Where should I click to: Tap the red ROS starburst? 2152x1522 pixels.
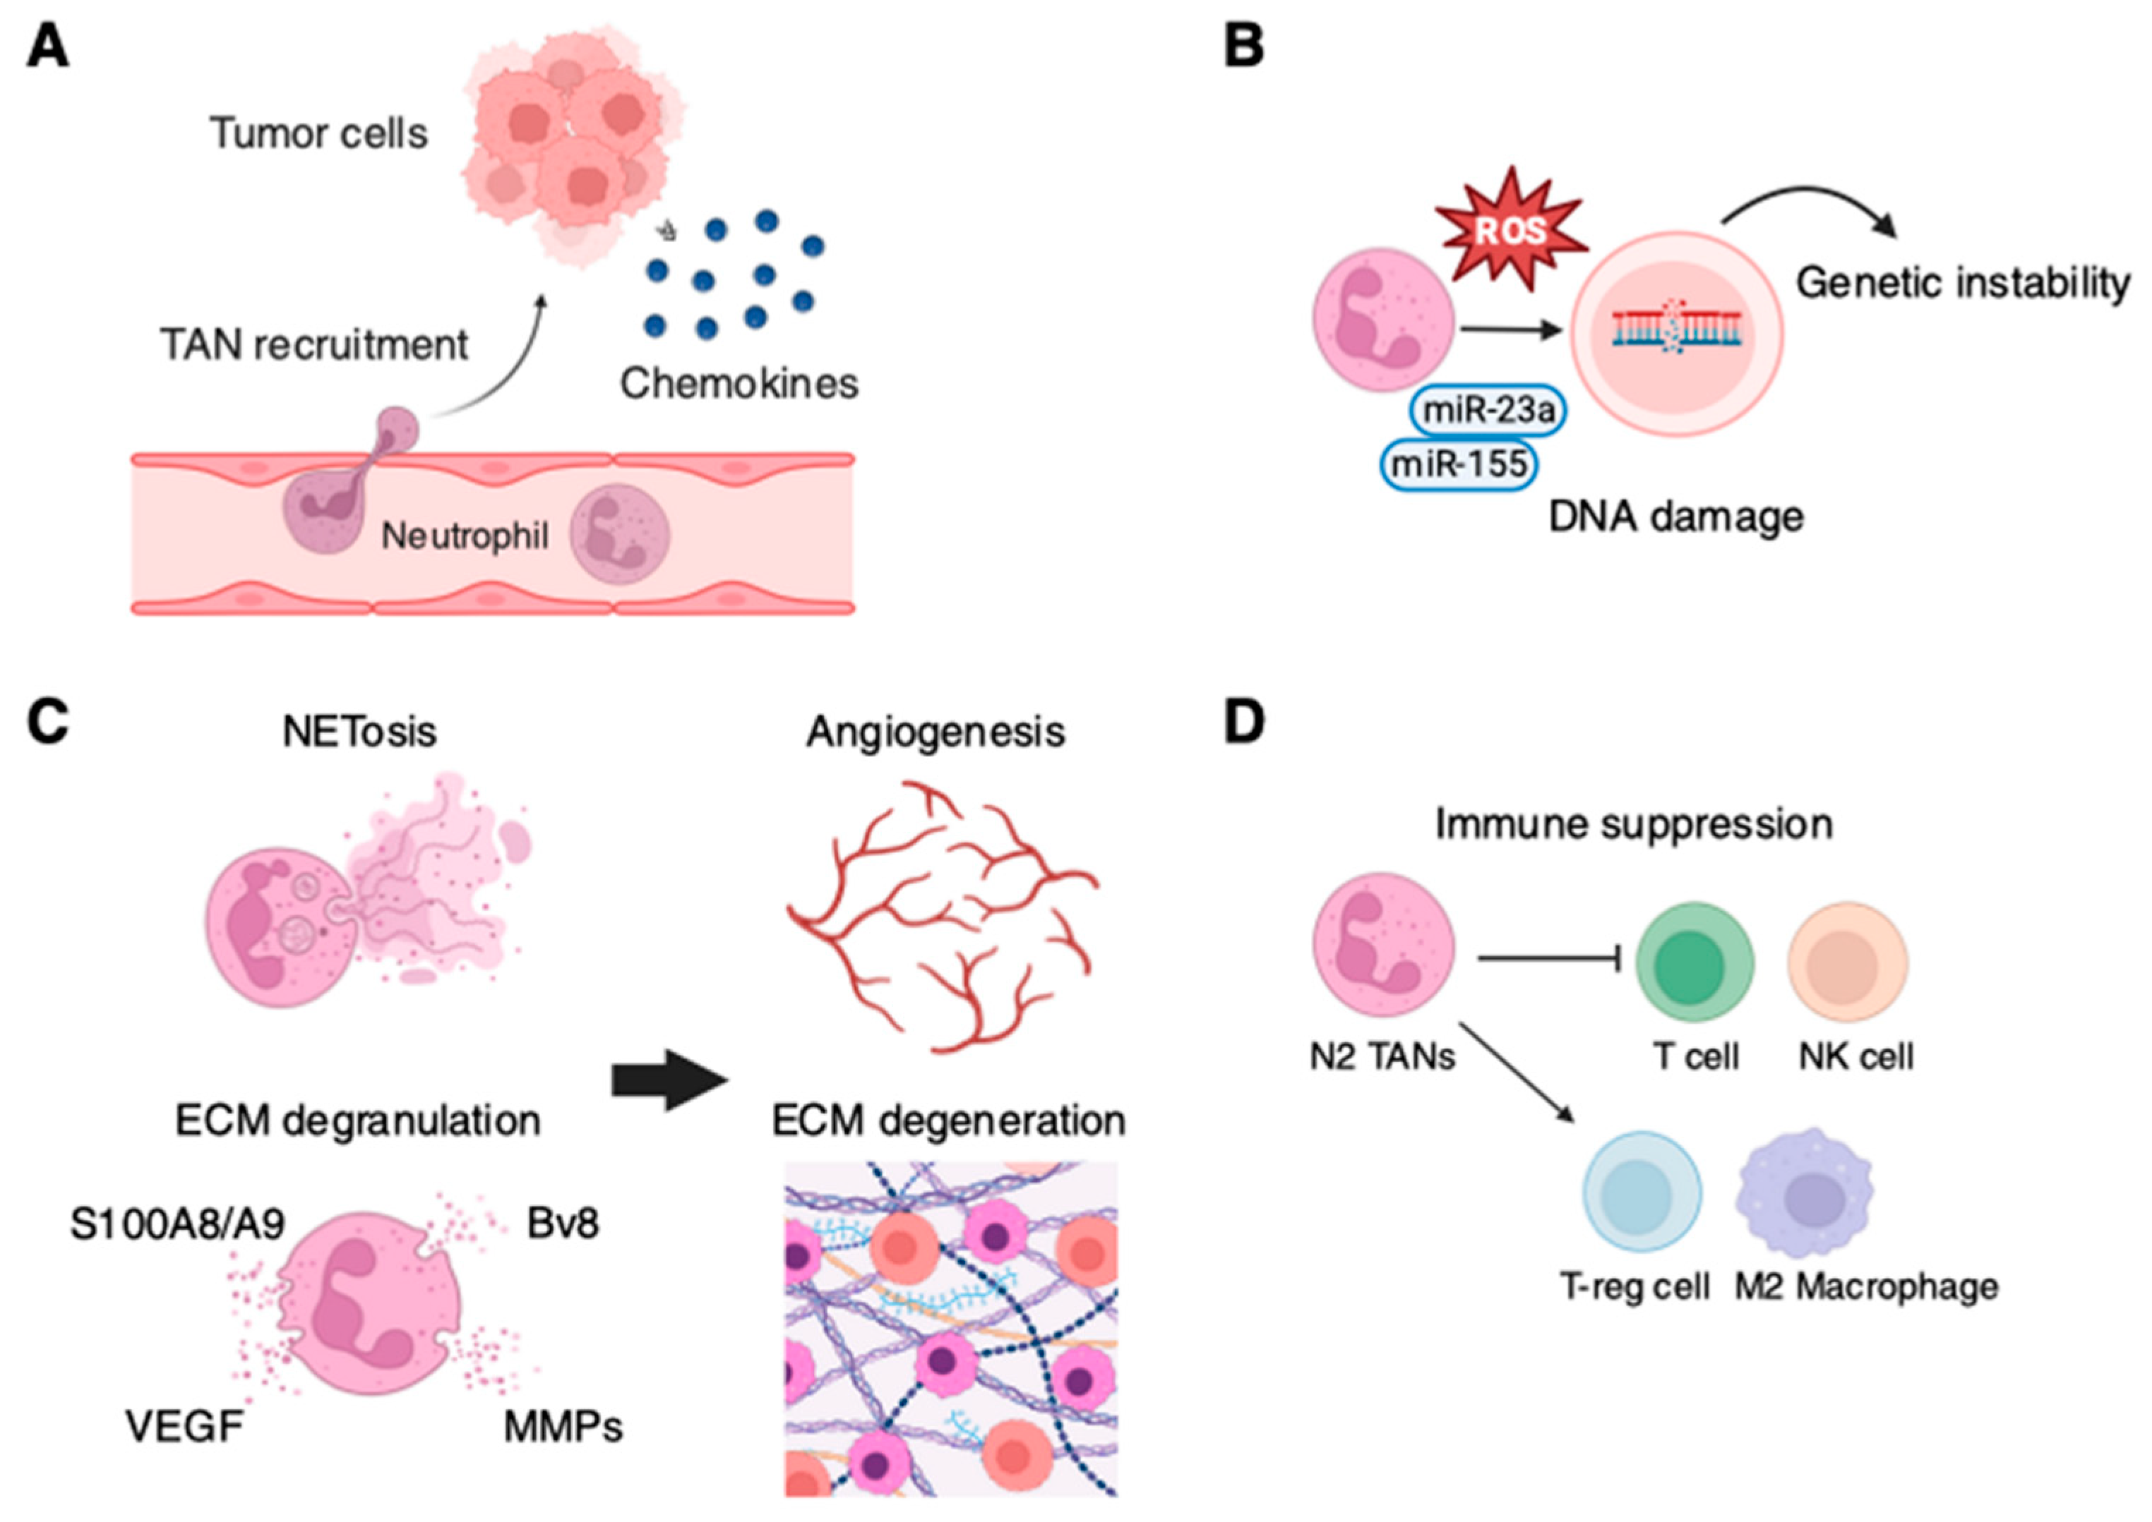(x=1511, y=229)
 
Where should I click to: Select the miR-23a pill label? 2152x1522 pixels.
(x=1488, y=411)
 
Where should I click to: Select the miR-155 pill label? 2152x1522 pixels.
(x=1459, y=464)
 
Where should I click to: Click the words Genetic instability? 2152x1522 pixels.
(x=1963, y=283)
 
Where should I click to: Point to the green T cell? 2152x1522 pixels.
(x=1695, y=962)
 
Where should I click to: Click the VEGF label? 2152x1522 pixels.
(x=185, y=1427)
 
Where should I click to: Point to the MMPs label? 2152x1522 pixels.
(x=563, y=1427)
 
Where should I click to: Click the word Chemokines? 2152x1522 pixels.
(x=739, y=383)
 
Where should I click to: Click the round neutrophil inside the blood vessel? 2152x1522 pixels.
(x=621, y=533)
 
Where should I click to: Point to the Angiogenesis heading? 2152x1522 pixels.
(x=935, y=732)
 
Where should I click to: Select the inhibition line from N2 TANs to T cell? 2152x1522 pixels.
(x=1550, y=959)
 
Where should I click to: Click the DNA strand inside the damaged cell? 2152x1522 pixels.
(x=1677, y=329)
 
